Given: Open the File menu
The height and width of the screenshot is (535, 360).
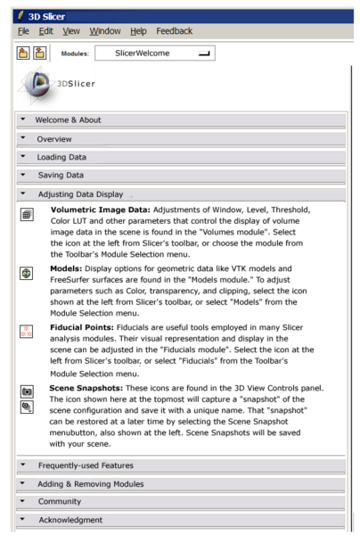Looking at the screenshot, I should pyautogui.click(x=12, y=31).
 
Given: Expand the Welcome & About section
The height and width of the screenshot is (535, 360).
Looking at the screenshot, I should pyautogui.click(x=68, y=119).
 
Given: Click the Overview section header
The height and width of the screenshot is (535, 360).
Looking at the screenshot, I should pyautogui.click(x=54, y=139).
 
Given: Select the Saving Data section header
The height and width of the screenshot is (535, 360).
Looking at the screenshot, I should pyautogui.click(x=62, y=175).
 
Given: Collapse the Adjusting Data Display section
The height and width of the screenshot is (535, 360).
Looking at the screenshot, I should pyautogui.click(x=79, y=193).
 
